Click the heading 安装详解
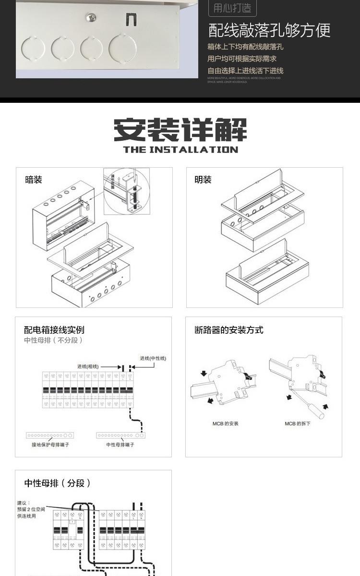click(180, 130)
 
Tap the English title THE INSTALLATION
click(180, 149)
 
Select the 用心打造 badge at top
click(232, 8)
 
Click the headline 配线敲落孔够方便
click(269, 30)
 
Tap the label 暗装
click(34, 180)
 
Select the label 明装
click(203, 180)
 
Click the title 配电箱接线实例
click(54, 330)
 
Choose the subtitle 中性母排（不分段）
click(54, 340)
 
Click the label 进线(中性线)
click(153, 358)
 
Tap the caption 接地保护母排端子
click(50, 445)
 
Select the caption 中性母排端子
click(120, 445)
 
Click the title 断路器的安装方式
click(229, 330)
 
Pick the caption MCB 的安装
click(226, 424)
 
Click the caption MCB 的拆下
click(298, 424)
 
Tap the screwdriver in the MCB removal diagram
click(317, 411)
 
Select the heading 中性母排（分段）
click(58, 483)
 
